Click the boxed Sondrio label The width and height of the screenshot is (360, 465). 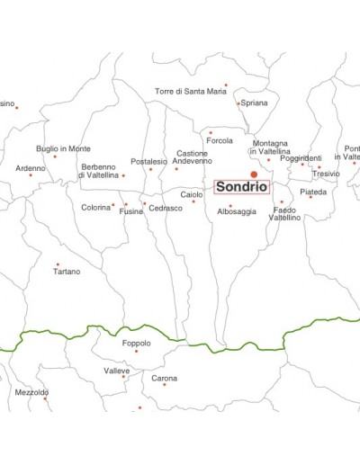tap(241, 188)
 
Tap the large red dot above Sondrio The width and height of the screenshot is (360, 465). tap(254, 174)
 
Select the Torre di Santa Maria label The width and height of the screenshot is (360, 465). tap(191, 91)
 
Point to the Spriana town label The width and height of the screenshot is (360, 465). tap(255, 103)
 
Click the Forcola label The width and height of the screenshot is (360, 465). tap(220, 141)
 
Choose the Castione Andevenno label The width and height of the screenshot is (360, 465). tap(193, 157)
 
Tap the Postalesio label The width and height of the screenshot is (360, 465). tap(148, 162)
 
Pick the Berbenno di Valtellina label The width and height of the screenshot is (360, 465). tap(100, 171)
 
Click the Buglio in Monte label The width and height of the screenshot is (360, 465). tap(63, 148)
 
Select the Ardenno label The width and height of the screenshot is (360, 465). tap(30, 168)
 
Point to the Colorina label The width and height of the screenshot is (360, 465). tap(95, 208)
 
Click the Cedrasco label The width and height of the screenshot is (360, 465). tap(166, 208)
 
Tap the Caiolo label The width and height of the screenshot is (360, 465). tap(192, 194)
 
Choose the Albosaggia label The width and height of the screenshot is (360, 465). tap(237, 212)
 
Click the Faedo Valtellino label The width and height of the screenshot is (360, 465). tap(286, 214)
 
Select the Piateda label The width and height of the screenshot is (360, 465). tap(313, 192)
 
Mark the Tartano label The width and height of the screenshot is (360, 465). tap(67, 272)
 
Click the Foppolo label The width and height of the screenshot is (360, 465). tap(136, 344)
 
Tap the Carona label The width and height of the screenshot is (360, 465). tap(164, 379)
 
